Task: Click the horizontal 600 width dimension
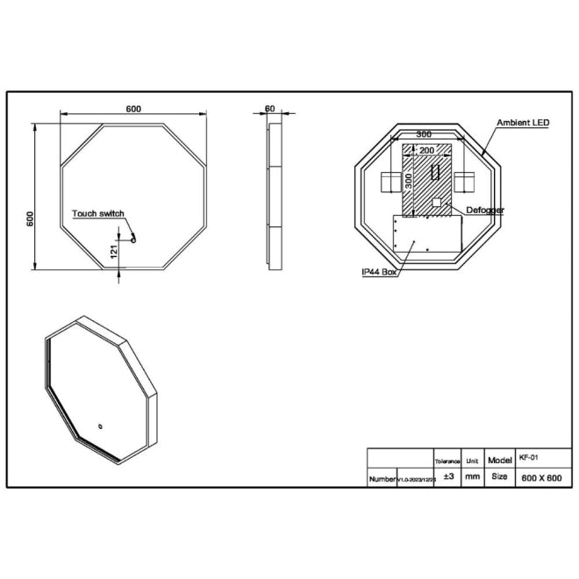(133, 109)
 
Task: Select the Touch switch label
(98, 213)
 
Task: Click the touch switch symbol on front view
(132, 234)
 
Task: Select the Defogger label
(485, 211)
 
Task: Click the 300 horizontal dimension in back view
(424, 134)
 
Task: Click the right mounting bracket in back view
(465, 182)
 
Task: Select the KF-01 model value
(525, 458)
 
